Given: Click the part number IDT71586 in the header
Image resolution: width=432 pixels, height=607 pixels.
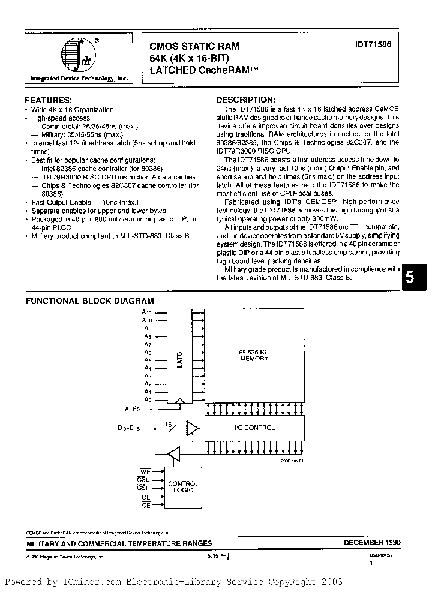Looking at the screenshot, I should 374,45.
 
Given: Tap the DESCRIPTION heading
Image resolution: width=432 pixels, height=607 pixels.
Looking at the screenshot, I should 246,100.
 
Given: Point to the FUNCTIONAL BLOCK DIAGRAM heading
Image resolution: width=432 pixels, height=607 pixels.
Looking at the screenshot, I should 89,301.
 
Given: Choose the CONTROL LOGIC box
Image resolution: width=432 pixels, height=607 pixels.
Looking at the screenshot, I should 181,487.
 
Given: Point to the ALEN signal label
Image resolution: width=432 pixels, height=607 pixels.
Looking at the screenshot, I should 133,408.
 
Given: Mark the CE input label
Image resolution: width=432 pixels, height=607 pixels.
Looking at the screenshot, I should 145,506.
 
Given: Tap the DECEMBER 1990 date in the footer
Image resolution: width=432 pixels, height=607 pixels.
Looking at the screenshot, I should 372,542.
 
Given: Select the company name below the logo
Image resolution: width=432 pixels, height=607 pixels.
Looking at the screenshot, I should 79,79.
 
